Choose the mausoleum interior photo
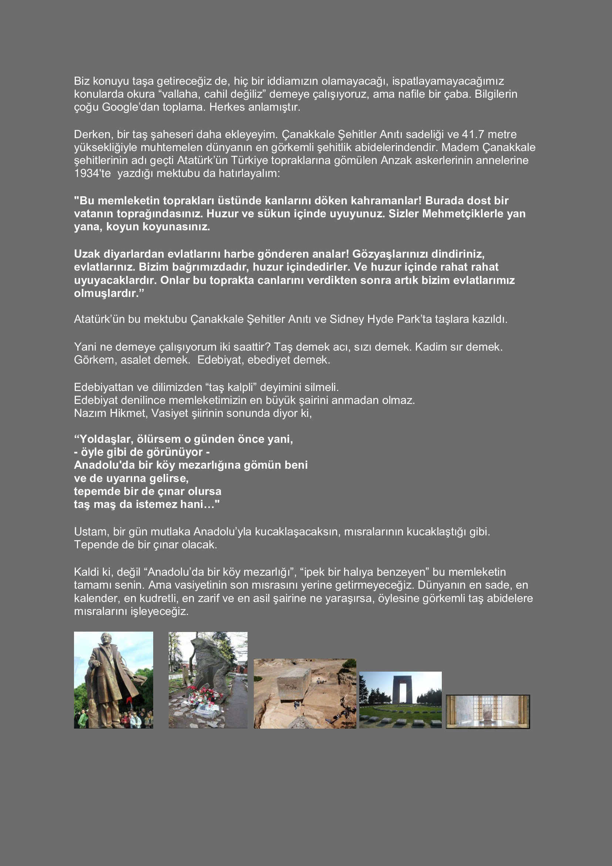point(488,711)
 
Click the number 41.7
point(473,134)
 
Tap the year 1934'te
point(93,174)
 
